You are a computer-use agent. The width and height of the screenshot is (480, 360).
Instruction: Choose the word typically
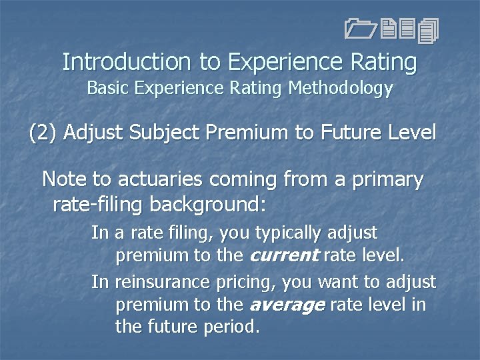click(x=287, y=233)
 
